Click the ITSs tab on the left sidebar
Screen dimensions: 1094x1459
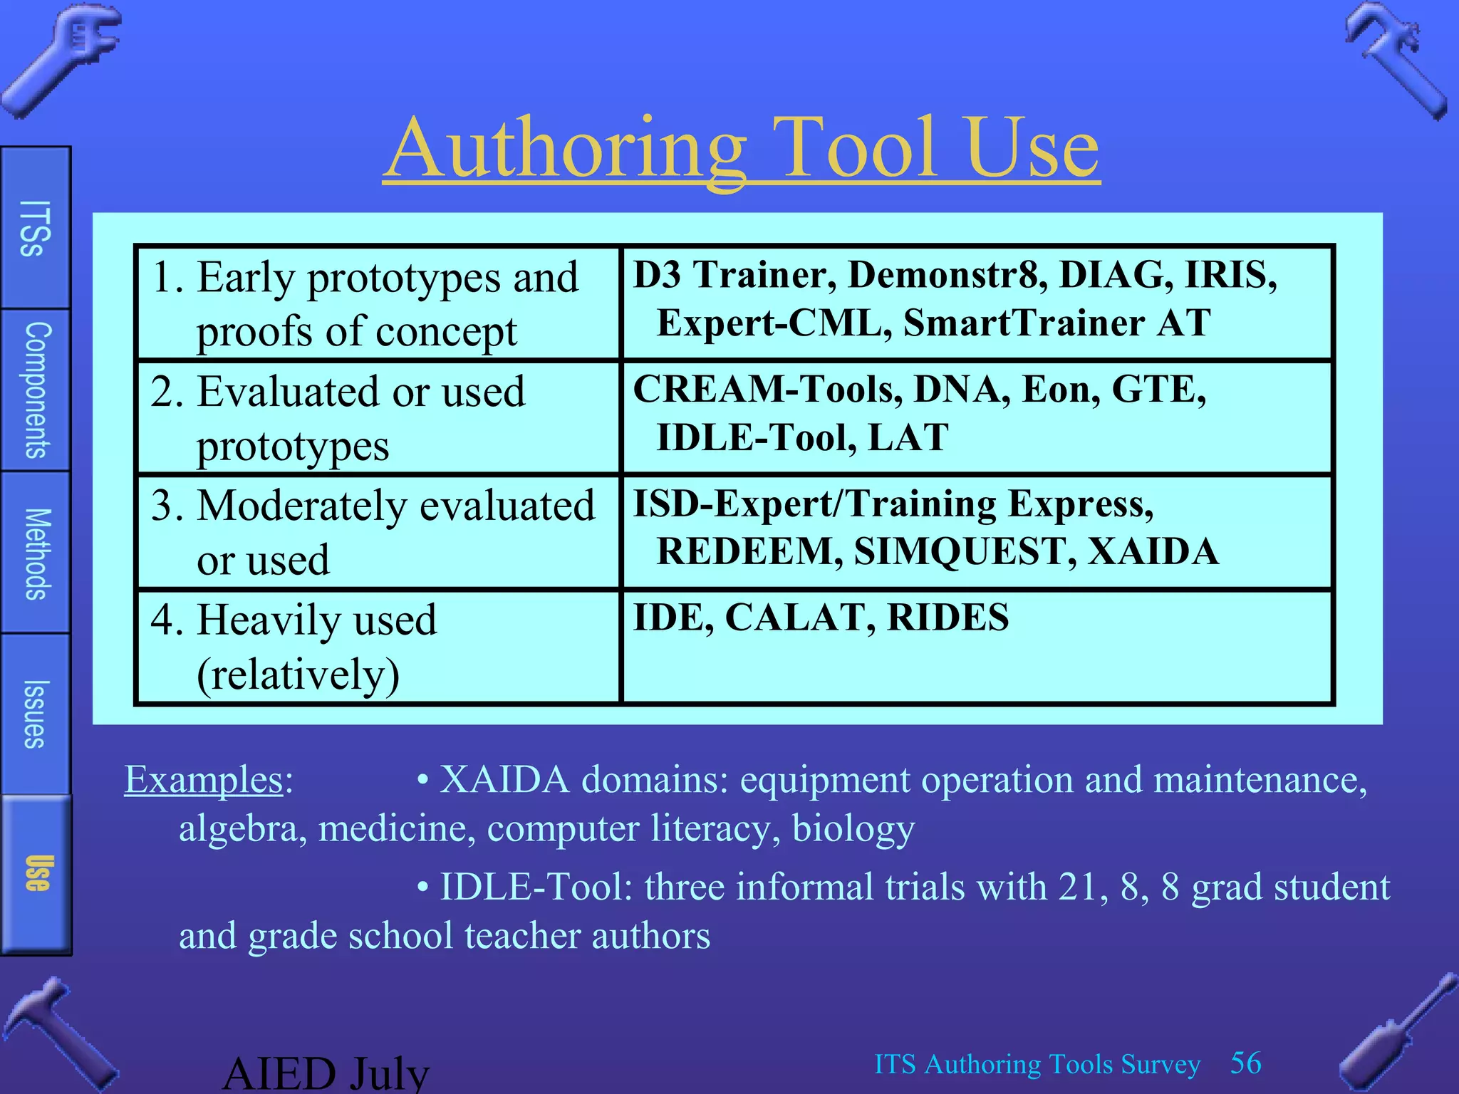point(35,228)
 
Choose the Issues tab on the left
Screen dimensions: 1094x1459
point(35,714)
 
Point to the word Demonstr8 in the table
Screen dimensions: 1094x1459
point(947,275)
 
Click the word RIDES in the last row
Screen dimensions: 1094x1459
point(947,617)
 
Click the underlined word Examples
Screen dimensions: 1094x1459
point(204,779)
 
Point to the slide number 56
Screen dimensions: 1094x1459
point(1246,1063)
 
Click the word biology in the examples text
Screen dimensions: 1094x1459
point(853,828)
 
